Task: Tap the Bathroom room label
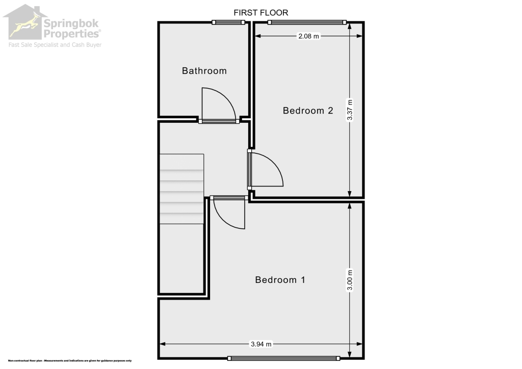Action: (x=204, y=71)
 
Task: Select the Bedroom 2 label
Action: (x=308, y=110)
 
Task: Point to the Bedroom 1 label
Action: (x=280, y=279)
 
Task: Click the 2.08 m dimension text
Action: (x=309, y=36)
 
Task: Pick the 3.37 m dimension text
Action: (x=350, y=110)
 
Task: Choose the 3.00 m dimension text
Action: (x=350, y=279)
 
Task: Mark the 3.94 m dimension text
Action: (x=261, y=344)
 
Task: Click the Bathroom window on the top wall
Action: (x=228, y=22)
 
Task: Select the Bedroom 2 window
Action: (x=307, y=22)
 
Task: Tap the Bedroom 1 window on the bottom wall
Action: (x=283, y=358)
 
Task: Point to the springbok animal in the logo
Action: (x=22, y=25)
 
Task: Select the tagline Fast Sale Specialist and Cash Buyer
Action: (x=55, y=45)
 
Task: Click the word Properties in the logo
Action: (x=71, y=34)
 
